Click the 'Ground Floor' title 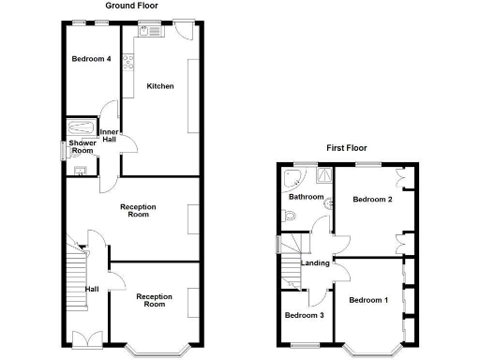point(131,6)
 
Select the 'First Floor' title point(346,147)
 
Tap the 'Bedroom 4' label point(92,59)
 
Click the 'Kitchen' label point(159,86)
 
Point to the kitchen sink point(150,31)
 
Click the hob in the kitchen point(127,66)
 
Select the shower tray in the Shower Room point(77,129)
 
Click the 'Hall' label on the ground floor point(93,289)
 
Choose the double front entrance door point(82,338)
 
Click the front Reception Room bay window point(155,352)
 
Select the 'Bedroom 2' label point(371,199)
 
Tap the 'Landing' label point(315,262)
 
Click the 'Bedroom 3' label point(304,315)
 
